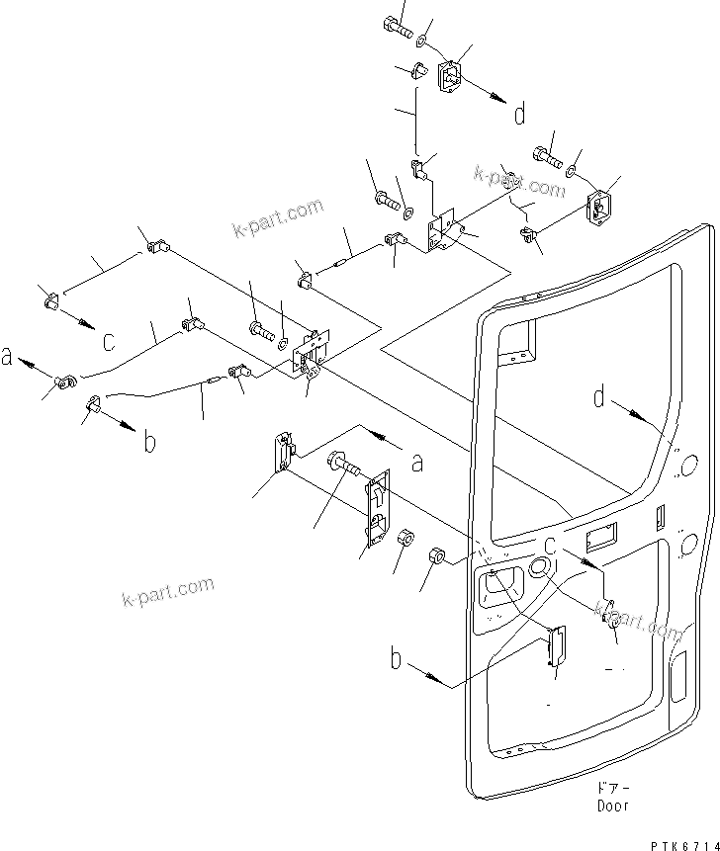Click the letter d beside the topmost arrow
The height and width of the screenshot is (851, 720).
point(519,115)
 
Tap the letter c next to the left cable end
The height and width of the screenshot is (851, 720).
point(109,341)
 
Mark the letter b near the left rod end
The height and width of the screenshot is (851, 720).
point(149,441)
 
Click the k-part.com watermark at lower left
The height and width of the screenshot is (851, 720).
point(167,592)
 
